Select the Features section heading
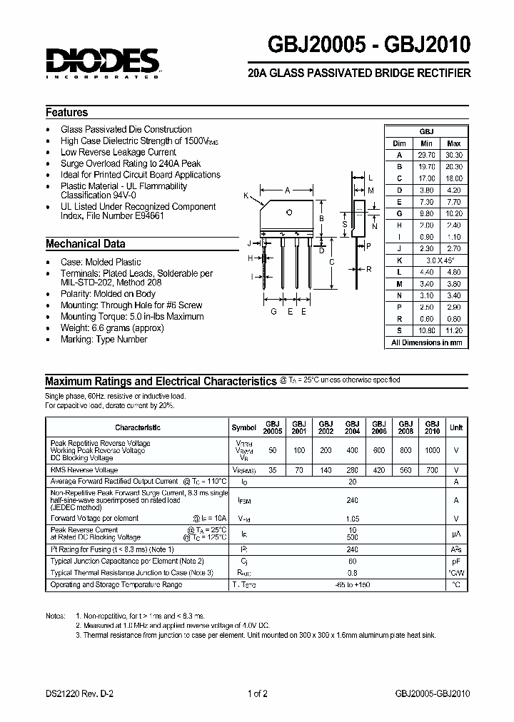66,112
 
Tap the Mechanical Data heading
85,243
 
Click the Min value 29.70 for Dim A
426,155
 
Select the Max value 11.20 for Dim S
455,331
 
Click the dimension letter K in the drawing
246,196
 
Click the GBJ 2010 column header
433,427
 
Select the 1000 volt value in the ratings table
433,450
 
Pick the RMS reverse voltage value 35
272,470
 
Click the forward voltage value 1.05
351,519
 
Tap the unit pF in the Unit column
455,561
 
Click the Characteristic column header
138,427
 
